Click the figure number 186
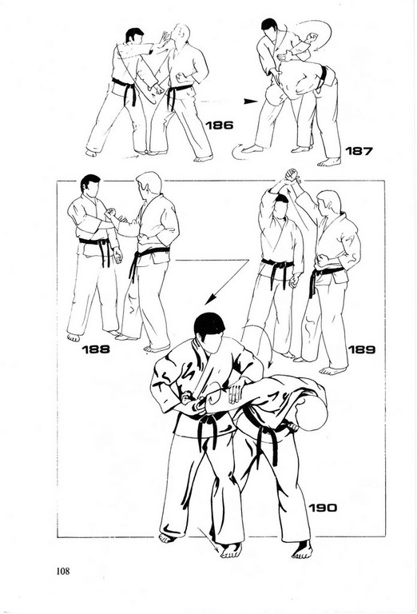pyautogui.click(x=220, y=126)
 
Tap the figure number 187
pyautogui.click(x=359, y=150)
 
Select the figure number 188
pyautogui.click(x=96, y=349)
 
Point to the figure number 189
pyautogui.click(x=361, y=349)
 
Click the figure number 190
pyautogui.click(x=323, y=508)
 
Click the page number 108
pyautogui.click(x=63, y=571)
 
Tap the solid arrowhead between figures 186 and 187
pyautogui.click(x=250, y=102)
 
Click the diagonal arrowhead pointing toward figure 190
pyautogui.click(x=210, y=299)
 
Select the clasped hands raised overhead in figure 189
pyautogui.click(x=292, y=175)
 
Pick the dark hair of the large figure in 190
pyautogui.click(x=209, y=324)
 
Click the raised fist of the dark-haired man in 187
pyautogui.click(x=312, y=38)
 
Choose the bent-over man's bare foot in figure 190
pyautogui.click(x=303, y=550)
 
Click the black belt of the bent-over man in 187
pyautogui.click(x=323, y=77)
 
